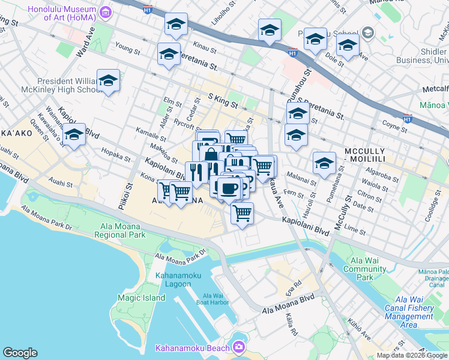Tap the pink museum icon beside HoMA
click(106, 12)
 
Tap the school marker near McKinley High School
click(109, 80)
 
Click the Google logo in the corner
click(20, 353)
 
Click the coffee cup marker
click(229, 188)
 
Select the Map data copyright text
click(412, 356)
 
